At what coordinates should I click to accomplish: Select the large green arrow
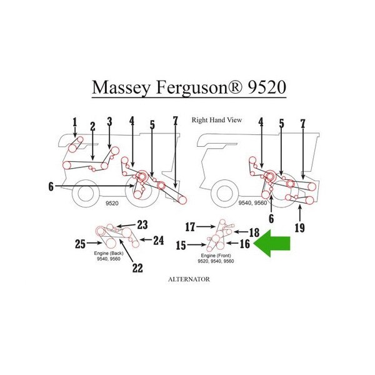(276, 244)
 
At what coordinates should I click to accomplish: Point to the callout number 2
(92, 126)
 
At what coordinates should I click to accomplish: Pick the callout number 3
(109, 122)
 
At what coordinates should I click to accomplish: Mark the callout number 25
(80, 244)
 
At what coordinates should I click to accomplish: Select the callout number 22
(137, 267)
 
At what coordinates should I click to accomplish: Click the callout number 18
(254, 232)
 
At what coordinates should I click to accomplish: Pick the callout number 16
(245, 244)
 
